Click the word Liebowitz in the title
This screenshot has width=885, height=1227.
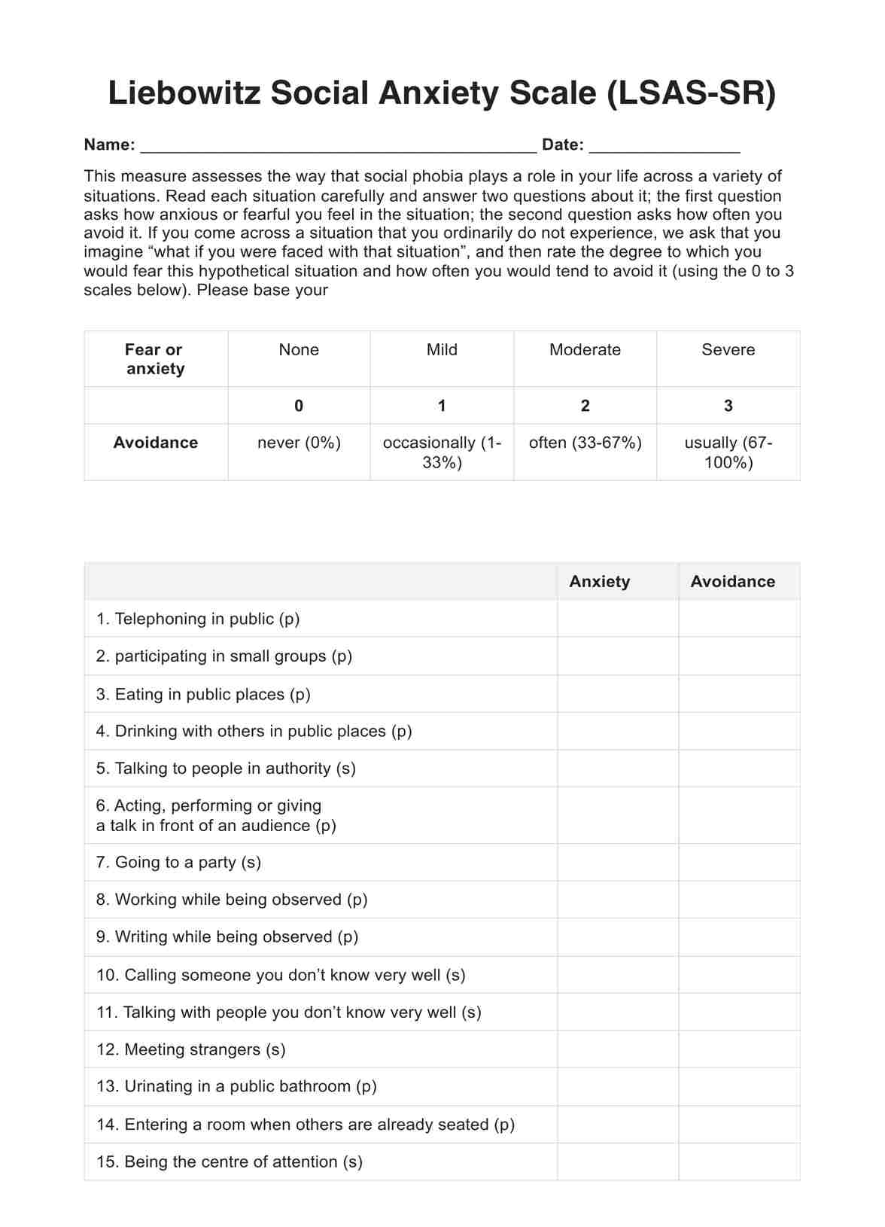tap(185, 94)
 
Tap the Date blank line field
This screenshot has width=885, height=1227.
tap(665, 146)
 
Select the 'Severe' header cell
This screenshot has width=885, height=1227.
tap(728, 350)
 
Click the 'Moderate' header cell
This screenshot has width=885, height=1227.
tap(585, 350)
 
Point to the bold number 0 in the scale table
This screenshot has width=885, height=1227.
tap(299, 406)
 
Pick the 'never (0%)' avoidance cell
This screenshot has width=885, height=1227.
tap(299, 443)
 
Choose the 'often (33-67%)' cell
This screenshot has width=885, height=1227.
tap(585, 443)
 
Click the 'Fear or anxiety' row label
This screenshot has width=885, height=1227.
tap(155, 359)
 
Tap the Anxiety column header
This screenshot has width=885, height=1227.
tap(600, 582)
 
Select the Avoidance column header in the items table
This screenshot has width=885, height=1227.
tap(732, 582)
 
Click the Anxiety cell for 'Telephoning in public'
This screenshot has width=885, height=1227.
tap(617, 619)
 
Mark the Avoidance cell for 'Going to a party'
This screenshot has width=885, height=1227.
tap(738, 863)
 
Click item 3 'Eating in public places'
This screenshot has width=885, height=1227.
tap(203, 695)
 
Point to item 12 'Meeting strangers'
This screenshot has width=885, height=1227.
tap(191, 1049)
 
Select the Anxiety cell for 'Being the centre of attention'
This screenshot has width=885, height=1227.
tap(617, 1162)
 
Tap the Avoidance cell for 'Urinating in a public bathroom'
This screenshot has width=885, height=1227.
tap(738, 1086)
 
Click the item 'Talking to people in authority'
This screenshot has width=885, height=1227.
tap(226, 769)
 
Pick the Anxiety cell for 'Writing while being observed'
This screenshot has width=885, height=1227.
tap(617, 937)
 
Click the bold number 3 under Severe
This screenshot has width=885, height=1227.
tap(728, 406)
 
